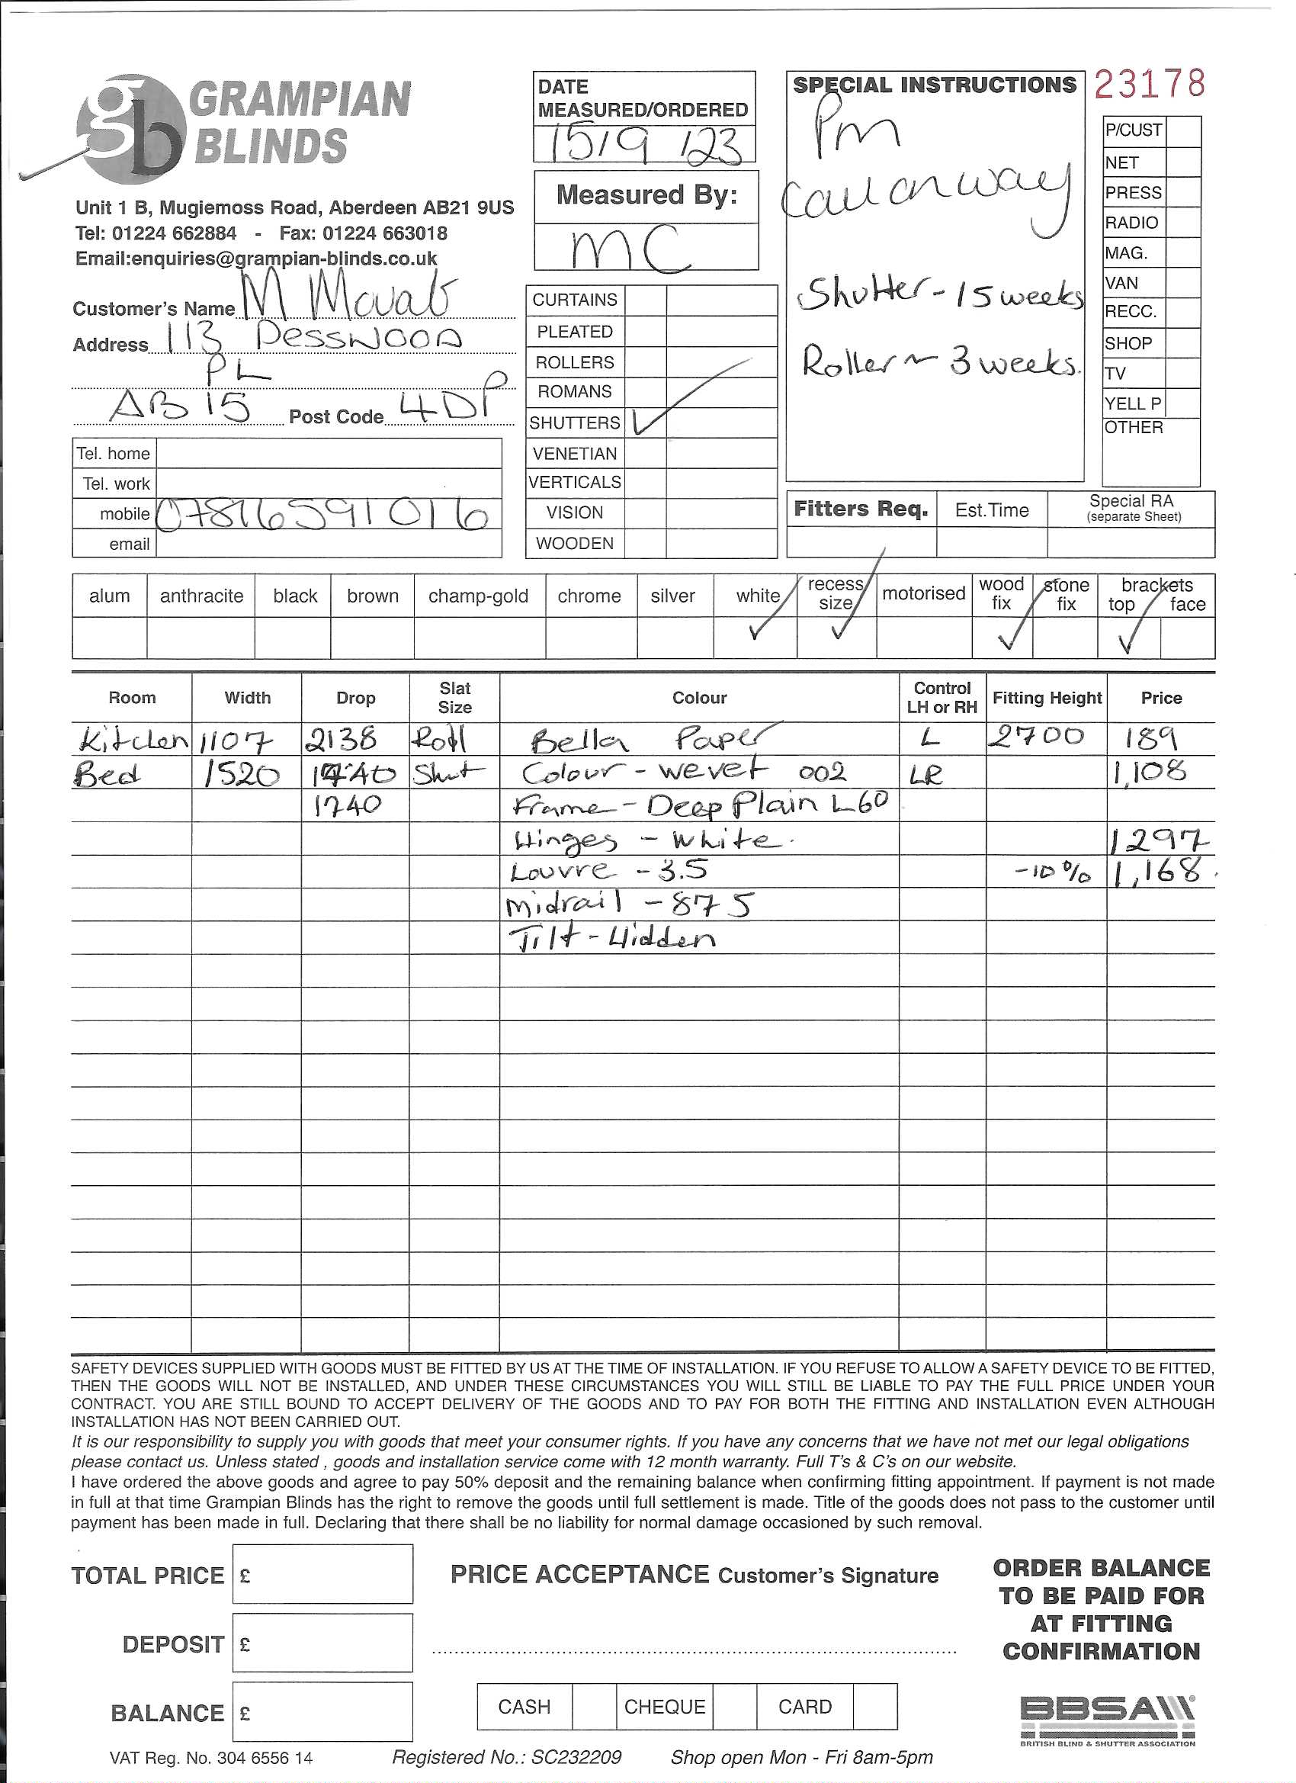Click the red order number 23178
point(1149,83)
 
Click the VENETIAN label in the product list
point(575,454)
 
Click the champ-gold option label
point(478,596)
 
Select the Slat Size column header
point(454,697)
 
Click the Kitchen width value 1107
point(236,741)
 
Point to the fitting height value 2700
point(1037,737)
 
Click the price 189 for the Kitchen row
point(1149,740)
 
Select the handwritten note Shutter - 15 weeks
point(939,295)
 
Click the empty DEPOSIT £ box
point(323,1644)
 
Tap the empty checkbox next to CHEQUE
point(734,1708)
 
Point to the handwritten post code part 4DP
point(447,405)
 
